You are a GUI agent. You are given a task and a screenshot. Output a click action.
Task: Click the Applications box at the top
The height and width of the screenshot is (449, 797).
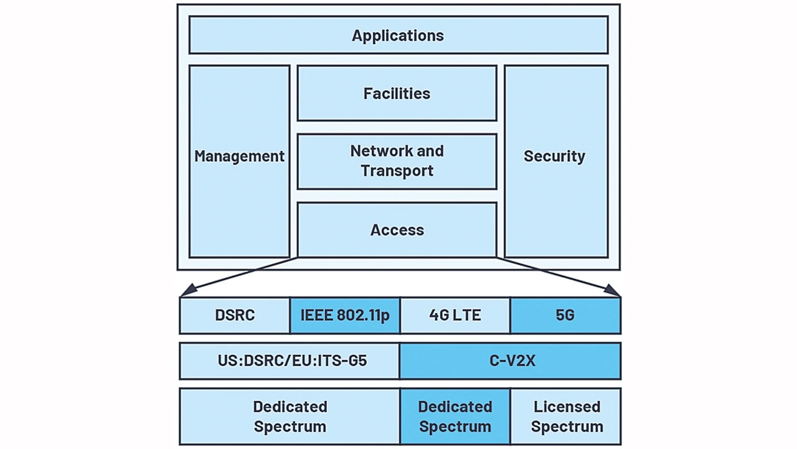pos(398,35)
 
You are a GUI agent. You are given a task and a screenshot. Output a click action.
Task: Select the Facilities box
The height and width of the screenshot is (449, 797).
pos(397,93)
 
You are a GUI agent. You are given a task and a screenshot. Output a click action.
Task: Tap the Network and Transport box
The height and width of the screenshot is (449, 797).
pos(397,161)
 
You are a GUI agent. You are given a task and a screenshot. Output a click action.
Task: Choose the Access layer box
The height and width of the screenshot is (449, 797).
pos(397,230)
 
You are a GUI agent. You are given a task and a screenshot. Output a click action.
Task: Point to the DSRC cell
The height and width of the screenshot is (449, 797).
pos(235,315)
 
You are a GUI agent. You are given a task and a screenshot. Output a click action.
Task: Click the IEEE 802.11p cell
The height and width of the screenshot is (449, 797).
pos(345,315)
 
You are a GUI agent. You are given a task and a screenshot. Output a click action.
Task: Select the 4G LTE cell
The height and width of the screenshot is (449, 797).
pos(455,315)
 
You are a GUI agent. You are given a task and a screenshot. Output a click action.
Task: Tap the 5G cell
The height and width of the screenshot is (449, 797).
pos(565,315)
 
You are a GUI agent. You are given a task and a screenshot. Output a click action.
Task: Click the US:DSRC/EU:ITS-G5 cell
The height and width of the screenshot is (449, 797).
pos(290,361)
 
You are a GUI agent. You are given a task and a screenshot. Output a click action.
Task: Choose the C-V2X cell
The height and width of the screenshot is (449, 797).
pos(511,361)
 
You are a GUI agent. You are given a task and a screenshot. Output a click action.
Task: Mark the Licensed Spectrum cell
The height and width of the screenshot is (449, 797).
pos(566,417)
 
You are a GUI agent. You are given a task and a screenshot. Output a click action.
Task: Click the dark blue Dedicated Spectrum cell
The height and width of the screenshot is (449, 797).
pos(455,417)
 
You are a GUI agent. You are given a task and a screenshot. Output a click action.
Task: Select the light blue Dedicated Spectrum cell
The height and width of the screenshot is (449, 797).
pos(290,417)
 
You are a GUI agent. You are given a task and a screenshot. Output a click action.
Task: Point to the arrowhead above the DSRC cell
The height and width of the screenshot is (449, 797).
pos(187,290)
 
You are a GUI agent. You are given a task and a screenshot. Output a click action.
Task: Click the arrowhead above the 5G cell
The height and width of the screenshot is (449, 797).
pos(613,290)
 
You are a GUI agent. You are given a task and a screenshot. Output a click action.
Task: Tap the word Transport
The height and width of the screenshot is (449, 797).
pos(397,171)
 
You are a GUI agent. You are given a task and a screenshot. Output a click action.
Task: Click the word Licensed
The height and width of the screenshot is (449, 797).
pos(567,407)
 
